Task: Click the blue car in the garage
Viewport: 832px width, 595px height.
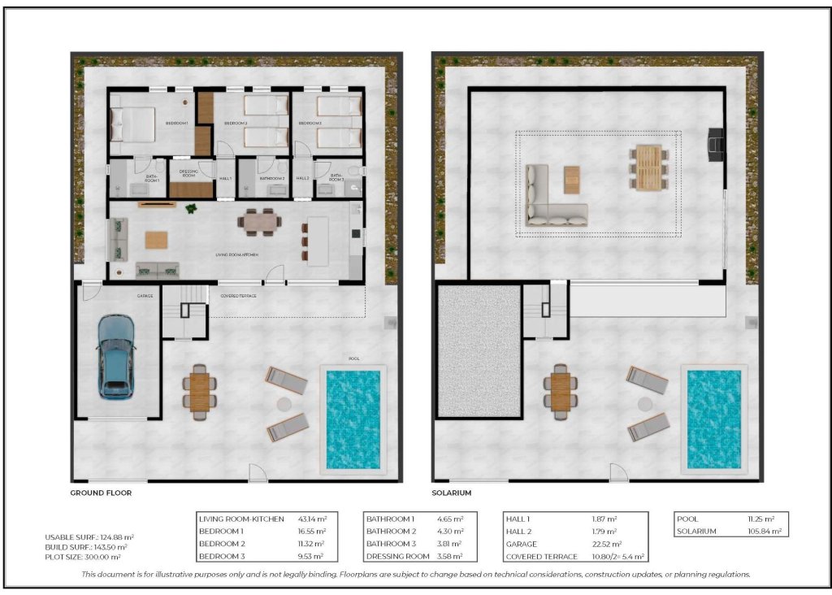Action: coord(115,357)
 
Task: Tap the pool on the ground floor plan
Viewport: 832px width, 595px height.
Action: coord(353,419)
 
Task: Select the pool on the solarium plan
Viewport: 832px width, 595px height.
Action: coord(714,419)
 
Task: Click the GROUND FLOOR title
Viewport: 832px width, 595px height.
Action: coord(101,493)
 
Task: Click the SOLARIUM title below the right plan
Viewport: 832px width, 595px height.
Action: coord(453,493)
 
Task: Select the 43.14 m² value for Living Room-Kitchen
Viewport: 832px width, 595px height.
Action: coord(311,518)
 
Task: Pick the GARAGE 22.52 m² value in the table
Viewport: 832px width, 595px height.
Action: coord(607,544)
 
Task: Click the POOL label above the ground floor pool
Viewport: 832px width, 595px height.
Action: coord(353,358)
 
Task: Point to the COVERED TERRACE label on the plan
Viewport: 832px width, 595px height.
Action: coord(238,296)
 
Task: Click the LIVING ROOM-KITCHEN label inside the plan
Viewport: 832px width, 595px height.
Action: coord(236,255)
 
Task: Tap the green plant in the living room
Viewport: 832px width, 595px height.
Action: coord(191,210)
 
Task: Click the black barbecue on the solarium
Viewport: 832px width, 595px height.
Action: coord(715,141)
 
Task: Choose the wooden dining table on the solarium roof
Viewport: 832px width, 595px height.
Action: coord(647,167)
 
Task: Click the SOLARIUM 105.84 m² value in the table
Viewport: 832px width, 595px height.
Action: coord(765,531)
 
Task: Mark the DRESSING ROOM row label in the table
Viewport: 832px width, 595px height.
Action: coord(397,557)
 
